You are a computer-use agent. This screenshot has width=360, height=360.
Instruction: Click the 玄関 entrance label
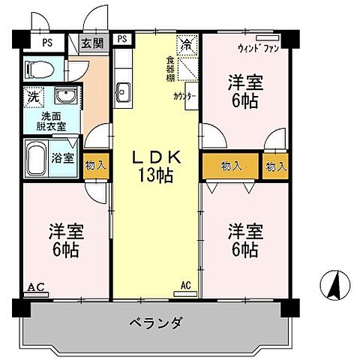pyautogui.click(x=94, y=42)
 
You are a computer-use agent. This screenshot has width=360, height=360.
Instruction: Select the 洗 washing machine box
pyautogui.click(x=33, y=97)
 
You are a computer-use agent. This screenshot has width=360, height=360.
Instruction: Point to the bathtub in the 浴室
pyautogui.click(x=38, y=158)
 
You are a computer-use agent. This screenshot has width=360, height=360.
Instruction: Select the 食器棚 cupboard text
pyautogui.click(x=172, y=66)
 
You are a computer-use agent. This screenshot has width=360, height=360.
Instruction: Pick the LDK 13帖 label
pyautogui.click(x=157, y=167)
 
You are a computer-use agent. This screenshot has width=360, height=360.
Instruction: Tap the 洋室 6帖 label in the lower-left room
pyautogui.click(x=66, y=238)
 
